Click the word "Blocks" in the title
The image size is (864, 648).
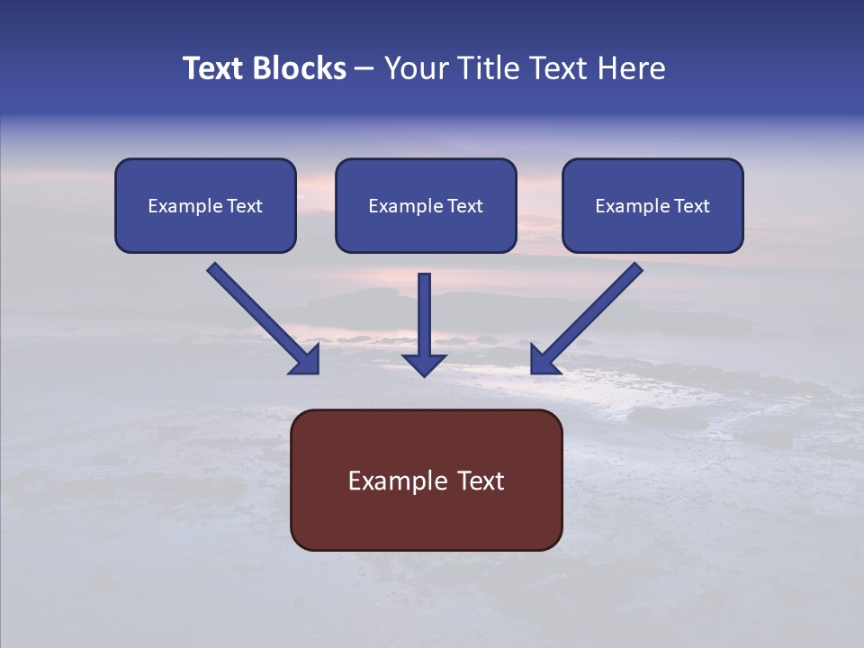coord(300,68)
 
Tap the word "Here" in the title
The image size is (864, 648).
coord(632,68)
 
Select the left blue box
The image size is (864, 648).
coord(205,206)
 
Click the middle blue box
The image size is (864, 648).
coord(426,206)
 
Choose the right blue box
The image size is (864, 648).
coord(653,206)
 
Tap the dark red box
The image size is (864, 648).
coord(427,481)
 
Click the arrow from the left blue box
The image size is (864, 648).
coord(263,319)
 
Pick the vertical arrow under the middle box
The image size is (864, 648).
coord(424,325)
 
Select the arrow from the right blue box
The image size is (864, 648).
coord(587,319)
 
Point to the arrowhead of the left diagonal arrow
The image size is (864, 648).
coord(307,362)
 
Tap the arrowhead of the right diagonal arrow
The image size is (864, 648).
coord(543,362)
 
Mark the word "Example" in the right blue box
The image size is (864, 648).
coord(629,206)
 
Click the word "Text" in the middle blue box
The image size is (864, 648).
coord(465,206)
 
